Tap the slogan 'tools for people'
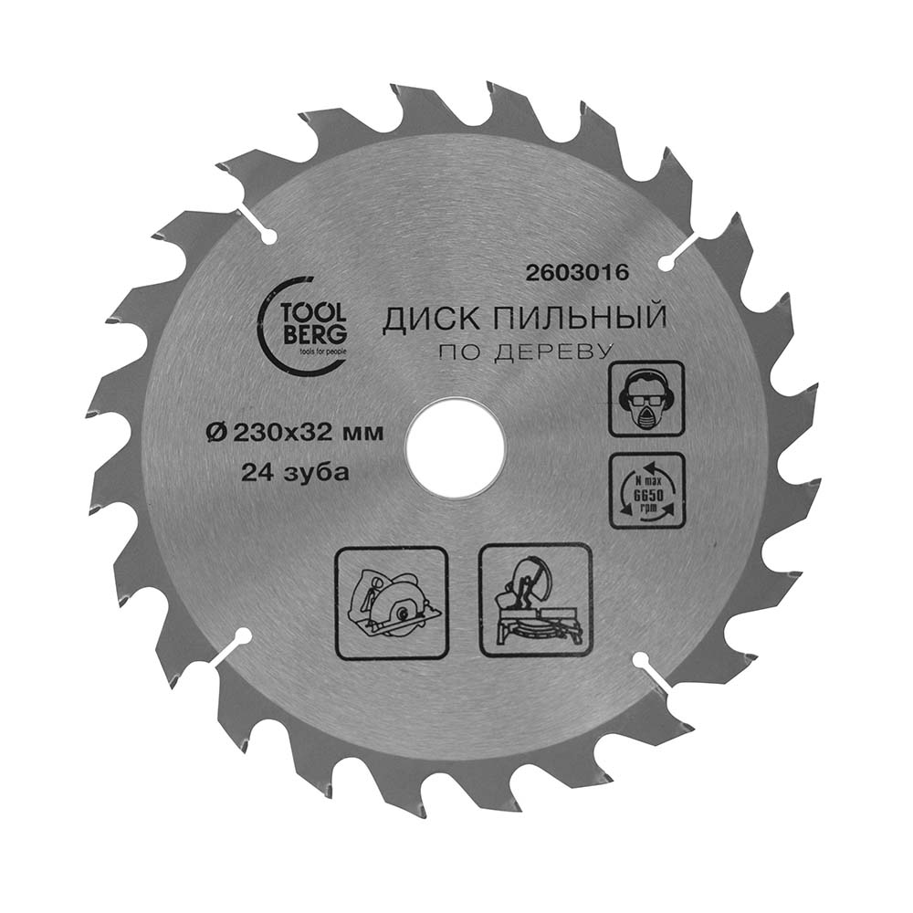[320, 352]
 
